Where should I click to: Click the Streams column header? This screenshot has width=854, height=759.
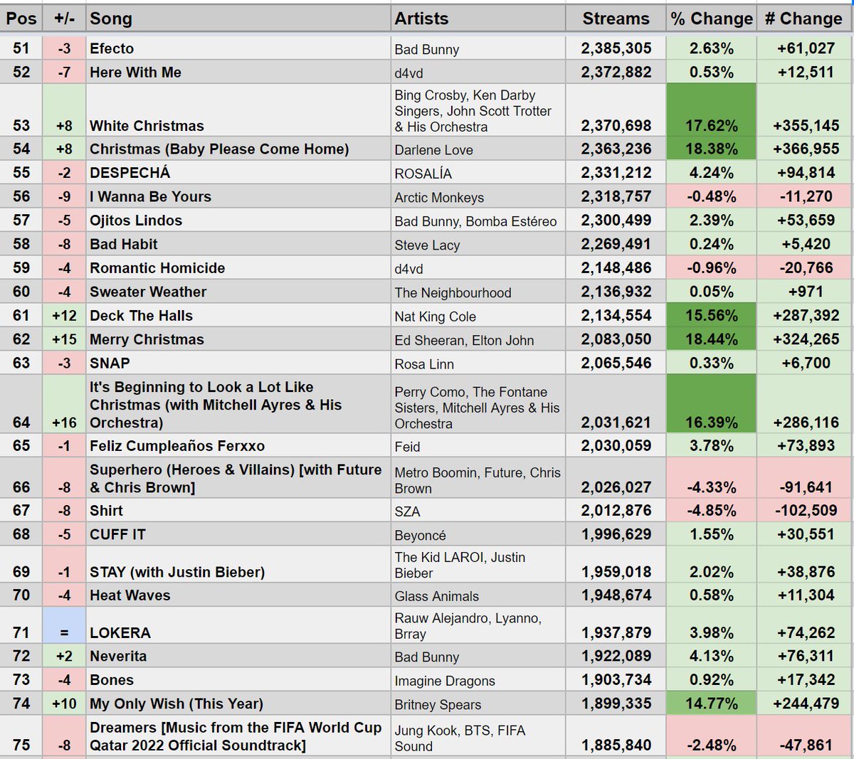click(x=616, y=19)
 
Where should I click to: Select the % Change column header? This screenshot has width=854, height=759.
click(x=711, y=19)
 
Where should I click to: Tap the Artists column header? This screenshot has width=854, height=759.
click(x=422, y=19)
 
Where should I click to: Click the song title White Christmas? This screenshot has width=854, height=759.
click(x=147, y=126)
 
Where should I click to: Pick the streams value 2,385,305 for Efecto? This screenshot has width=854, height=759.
click(x=616, y=48)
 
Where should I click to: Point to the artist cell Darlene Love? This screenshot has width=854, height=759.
click(x=434, y=150)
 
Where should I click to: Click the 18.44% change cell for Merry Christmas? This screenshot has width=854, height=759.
click(x=711, y=340)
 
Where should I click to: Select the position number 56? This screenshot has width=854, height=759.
click(x=21, y=197)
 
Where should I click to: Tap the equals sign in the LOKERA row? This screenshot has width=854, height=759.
click(x=64, y=633)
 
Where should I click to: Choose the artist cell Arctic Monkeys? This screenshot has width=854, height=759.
click(x=439, y=198)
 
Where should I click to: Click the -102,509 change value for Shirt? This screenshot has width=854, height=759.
click(x=805, y=511)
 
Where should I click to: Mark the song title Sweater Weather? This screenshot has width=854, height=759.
click(x=148, y=292)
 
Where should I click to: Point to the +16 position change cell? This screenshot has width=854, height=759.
click(x=64, y=423)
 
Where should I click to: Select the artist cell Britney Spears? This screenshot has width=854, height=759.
click(x=438, y=705)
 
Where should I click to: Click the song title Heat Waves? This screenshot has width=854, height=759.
click(x=130, y=596)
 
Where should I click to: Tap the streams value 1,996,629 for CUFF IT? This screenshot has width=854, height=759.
click(x=616, y=535)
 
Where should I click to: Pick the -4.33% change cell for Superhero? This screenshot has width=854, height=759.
click(x=711, y=488)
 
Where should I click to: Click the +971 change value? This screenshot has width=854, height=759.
click(x=805, y=292)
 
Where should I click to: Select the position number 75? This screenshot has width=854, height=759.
click(x=21, y=745)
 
